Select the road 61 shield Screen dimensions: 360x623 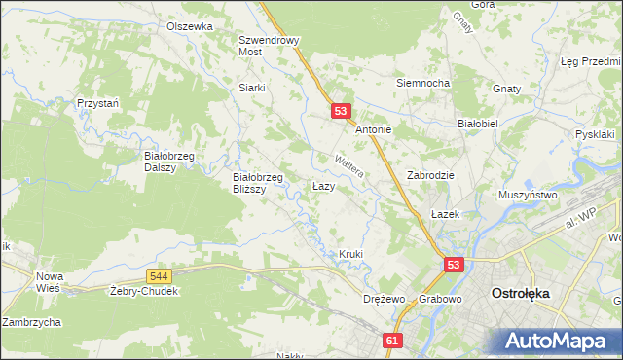tap(391, 341)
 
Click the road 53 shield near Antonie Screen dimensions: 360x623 tap(340, 112)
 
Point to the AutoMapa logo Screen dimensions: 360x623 tap(559, 341)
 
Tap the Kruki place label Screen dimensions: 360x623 tap(350, 255)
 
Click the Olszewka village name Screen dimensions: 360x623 tap(190, 26)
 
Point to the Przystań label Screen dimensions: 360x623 tap(98, 102)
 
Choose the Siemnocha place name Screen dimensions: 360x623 tap(422, 83)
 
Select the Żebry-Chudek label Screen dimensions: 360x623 tap(143, 292)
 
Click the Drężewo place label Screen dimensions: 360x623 tap(383, 298)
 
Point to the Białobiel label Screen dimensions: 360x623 tap(478, 125)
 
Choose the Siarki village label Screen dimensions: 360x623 tap(252, 87)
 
